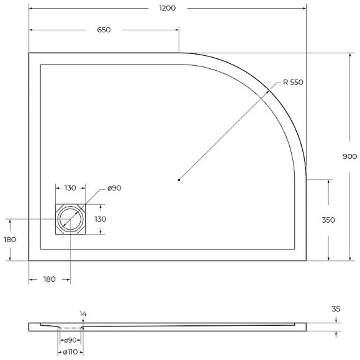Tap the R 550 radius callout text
pyautogui.click(x=292, y=83)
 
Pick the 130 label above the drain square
pyautogui.click(x=70, y=188)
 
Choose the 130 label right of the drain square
pyautogui.click(x=100, y=219)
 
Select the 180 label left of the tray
pyautogui.click(x=9, y=240)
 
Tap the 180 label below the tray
pyautogui.click(x=49, y=279)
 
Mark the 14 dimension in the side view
pyautogui.click(x=83, y=313)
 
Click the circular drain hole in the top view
pyautogui.click(x=70, y=219)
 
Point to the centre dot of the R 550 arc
pyautogui.click(x=179, y=180)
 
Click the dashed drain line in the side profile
pyautogui.click(x=71, y=328)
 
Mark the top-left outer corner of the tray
pyautogui.click(x=29, y=53)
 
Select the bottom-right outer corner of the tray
pyautogui.click(x=307, y=261)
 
